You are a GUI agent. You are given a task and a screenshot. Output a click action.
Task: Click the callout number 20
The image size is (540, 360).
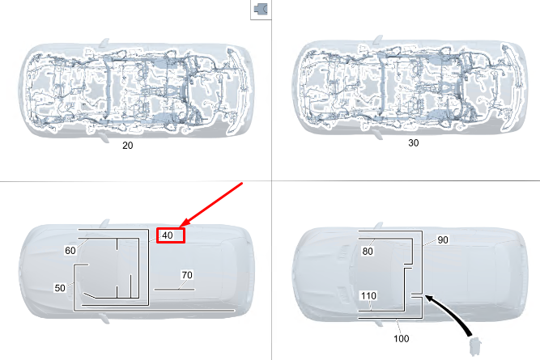[x=127, y=146]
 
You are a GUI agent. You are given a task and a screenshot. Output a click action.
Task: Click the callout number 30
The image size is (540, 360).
[x=413, y=143]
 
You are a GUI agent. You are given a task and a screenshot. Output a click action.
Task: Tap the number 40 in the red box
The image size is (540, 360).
[x=168, y=235]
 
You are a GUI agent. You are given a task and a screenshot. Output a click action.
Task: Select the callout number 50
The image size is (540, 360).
[x=60, y=288]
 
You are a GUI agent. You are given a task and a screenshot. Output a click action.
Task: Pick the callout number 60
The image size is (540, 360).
[x=70, y=251]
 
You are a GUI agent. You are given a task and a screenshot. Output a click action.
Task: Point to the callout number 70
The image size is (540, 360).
[x=187, y=275]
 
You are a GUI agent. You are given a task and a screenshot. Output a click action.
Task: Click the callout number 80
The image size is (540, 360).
[x=368, y=252]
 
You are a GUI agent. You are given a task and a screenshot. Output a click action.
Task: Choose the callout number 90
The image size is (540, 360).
[x=443, y=240]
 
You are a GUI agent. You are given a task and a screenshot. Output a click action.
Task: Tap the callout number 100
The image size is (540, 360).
[x=402, y=339]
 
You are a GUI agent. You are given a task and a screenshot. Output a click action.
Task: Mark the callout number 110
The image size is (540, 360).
[x=368, y=295]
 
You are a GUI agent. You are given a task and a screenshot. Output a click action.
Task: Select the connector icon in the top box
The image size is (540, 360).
[x=261, y=9]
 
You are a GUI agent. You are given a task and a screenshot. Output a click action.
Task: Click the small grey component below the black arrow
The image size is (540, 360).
[x=475, y=346]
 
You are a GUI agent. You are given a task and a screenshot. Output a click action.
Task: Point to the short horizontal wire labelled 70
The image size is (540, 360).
[x=174, y=290]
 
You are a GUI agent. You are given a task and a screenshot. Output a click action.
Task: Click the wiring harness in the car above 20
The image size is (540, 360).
[x=137, y=90]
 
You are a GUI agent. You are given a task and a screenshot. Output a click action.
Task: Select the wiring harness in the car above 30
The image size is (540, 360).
[x=409, y=87]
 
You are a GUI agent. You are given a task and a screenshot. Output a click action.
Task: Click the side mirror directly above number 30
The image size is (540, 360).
[x=378, y=134]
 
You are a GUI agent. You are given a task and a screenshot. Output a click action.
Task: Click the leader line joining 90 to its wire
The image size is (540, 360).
[x=430, y=242]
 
